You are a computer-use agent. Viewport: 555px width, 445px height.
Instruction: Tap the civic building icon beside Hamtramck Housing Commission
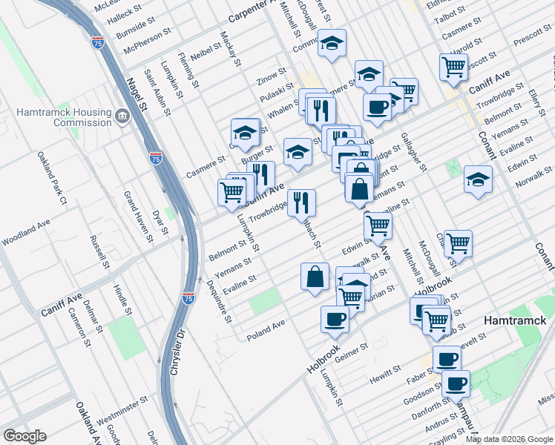click(122, 116)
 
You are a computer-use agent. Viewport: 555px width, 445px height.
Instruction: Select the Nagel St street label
click(137, 96)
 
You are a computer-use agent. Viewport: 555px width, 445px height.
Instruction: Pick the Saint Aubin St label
click(158, 93)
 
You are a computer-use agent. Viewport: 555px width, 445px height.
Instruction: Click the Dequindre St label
click(220, 301)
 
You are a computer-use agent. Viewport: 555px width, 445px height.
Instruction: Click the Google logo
click(24, 436)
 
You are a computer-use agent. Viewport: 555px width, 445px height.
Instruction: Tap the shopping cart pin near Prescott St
click(453, 67)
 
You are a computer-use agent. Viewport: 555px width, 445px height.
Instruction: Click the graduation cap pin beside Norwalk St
click(478, 179)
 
